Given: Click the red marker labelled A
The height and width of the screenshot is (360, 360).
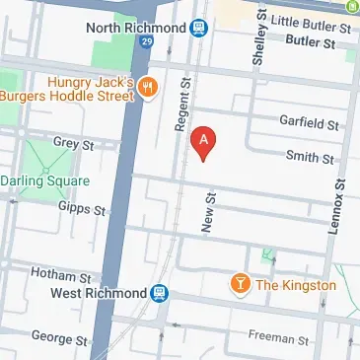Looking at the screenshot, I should [x=203, y=143].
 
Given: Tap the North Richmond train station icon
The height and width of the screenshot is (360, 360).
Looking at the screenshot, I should [x=198, y=29].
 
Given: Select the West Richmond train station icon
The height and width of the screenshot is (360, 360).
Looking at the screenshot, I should [x=158, y=293].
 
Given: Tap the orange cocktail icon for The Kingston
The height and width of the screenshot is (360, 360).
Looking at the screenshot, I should [x=238, y=285].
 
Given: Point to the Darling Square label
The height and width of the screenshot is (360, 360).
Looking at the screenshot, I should [x=44, y=181].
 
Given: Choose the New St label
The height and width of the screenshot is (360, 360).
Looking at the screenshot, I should [x=208, y=212].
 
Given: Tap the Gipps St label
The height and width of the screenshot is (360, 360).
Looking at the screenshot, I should [x=82, y=210].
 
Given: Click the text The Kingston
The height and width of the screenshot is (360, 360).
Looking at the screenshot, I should [x=296, y=286].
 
